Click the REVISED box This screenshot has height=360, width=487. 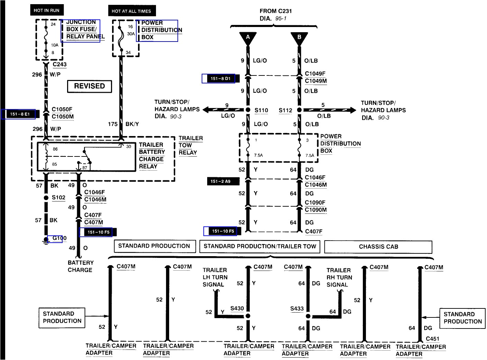pos(89,86)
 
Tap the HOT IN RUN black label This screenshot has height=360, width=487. pos(47,10)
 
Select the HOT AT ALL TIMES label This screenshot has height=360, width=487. pos(131,11)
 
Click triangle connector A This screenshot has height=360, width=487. pos(248,38)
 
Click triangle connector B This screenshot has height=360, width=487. pos(299,38)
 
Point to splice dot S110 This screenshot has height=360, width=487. pos(248,110)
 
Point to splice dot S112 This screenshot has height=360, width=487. pos(299,110)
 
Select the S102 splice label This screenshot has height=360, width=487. pos(58,198)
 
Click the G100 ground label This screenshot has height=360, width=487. pos(59,238)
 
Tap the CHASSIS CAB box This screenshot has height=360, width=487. pos(378,247)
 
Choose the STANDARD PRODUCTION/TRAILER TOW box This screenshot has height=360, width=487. pos(260,246)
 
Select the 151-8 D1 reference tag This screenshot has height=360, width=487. pos(220,79)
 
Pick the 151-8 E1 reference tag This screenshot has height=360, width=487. pos(20,114)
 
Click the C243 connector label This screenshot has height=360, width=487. pos(59,64)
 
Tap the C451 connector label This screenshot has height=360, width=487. pos(432,339)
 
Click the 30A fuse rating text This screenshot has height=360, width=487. pos(131,34)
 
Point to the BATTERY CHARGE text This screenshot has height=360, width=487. pos(80,266)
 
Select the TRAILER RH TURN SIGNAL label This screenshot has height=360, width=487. pos(339,277)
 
